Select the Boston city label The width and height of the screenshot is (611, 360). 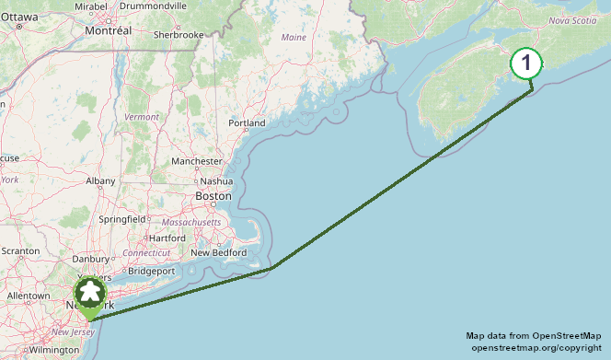pos(213,196)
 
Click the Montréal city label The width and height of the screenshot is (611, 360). pos(108,30)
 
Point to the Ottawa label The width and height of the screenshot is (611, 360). pos(19,17)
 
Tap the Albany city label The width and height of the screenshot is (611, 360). pos(100,181)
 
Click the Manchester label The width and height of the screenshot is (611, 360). pos(197,161)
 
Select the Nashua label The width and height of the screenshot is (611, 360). pos(216,180)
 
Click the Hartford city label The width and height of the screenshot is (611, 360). pos(167,238)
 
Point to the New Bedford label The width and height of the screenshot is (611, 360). pos(219,252)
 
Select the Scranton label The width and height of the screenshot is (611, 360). pos(20,250)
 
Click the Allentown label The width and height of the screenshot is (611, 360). pos(28,296)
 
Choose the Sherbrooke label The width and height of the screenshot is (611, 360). pos(179,34)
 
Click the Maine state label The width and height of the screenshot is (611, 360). pos(294,38)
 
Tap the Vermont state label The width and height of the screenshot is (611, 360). pos(142,117)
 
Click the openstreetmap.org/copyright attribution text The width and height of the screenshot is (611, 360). pos(536,348)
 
